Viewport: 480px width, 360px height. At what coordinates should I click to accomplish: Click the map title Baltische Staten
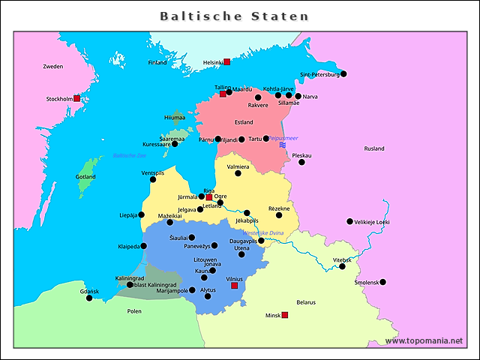pyautogui.click(x=234, y=16)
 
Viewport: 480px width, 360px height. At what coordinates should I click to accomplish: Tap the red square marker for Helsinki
pyautogui.click(x=226, y=62)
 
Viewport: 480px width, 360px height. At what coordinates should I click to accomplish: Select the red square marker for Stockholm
pyautogui.click(x=76, y=98)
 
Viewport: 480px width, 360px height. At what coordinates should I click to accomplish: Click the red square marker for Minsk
pyautogui.click(x=284, y=315)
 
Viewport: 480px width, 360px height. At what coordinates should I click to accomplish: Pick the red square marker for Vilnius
pyautogui.click(x=234, y=286)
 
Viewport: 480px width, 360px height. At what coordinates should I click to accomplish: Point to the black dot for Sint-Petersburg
pyautogui.click(x=343, y=73)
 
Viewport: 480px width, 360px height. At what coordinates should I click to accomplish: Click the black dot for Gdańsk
pyautogui.click(x=89, y=298)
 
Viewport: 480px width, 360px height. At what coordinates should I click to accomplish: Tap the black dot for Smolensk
pyautogui.click(x=382, y=282)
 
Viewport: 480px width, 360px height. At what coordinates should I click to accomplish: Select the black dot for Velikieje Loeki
pyautogui.click(x=349, y=221)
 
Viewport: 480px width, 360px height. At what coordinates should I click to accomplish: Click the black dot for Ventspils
pyautogui.click(x=153, y=179)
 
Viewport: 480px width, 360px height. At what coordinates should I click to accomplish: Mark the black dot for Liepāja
pyautogui.click(x=142, y=214)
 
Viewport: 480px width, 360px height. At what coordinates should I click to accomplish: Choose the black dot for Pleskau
pyautogui.click(x=301, y=162)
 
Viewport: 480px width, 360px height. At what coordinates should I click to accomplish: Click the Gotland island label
pyautogui.click(x=86, y=177)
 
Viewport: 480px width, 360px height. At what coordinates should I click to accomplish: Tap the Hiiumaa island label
pyautogui.click(x=174, y=118)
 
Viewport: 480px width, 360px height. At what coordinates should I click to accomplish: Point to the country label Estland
pyautogui.click(x=244, y=122)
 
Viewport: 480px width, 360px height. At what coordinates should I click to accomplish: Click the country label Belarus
pyautogui.click(x=306, y=302)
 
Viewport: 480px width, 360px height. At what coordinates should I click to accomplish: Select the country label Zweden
pyautogui.click(x=52, y=67)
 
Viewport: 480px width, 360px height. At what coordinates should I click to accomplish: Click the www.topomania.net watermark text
pyautogui.click(x=424, y=340)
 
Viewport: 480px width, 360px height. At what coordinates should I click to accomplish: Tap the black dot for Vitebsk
pyautogui.click(x=342, y=266)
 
